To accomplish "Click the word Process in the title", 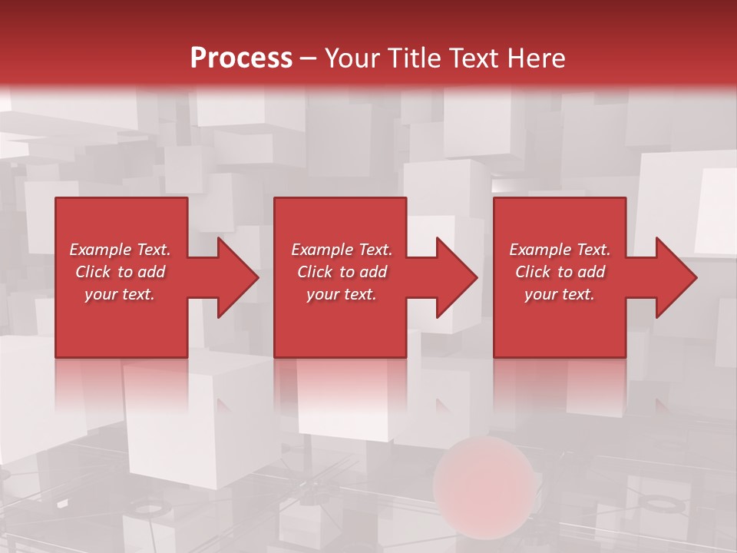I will (x=241, y=58).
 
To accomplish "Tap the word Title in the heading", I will (x=418, y=58).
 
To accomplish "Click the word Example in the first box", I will (x=100, y=250).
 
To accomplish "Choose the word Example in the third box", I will (x=540, y=250).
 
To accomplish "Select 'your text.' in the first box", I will (x=120, y=294).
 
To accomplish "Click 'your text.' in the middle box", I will (x=342, y=294).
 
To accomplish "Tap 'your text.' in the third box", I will (x=560, y=294).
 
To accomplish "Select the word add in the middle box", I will (x=373, y=272).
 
